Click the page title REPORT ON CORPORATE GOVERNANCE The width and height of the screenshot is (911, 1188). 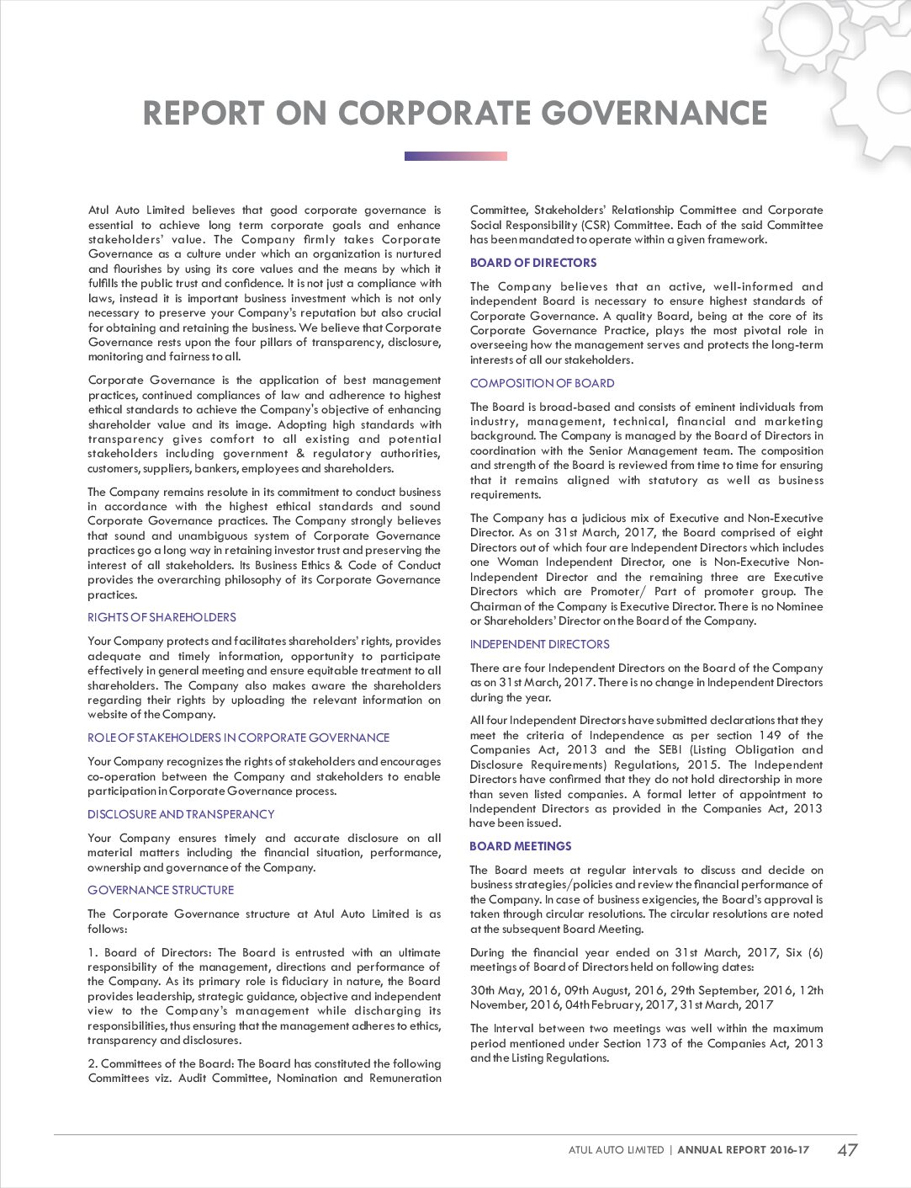pos(455,114)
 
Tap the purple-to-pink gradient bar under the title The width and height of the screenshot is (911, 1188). pos(455,156)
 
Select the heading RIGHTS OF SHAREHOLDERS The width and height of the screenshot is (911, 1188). pos(162,617)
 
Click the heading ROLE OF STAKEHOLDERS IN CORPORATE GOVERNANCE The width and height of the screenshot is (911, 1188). pos(239,738)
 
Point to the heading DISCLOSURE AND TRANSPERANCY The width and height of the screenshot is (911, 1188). pos(181,814)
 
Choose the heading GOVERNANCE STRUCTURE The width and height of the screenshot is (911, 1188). pos(161,890)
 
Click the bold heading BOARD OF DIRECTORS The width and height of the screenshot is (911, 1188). pos(533,263)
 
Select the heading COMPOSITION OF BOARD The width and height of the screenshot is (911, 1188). pos(542,383)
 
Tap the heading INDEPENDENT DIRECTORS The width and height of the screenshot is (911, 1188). pos(540,644)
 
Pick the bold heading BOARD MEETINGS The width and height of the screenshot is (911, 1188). pos(521,846)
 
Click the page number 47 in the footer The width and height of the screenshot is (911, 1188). pos(847,1149)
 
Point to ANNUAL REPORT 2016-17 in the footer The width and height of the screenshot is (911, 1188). pos(743,1149)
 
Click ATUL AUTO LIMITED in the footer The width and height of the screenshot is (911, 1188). pos(616,1149)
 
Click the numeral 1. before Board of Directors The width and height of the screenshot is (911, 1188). pos(93,952)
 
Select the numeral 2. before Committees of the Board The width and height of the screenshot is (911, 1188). pos(93,1063)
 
